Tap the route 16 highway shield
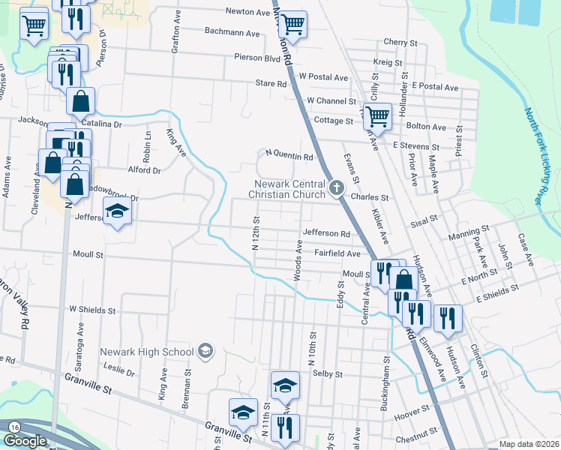tap(14, 426)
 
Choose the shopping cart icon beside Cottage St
tap(378, 115)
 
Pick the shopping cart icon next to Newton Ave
tap(292, 22)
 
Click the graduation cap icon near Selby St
tap(285, 385)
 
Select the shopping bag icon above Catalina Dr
tap(80, 99)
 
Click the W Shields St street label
tap(92, 309)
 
